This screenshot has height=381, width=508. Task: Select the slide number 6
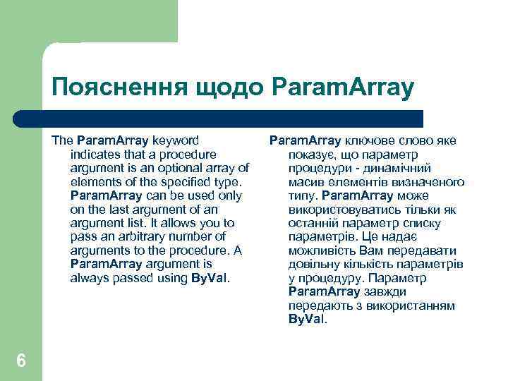(x=21, y=361)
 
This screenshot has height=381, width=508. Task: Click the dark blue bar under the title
(x=233, y=118)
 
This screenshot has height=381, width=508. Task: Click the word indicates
(x=95, y=154)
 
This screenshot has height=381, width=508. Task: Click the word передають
(x=317, y=306)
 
